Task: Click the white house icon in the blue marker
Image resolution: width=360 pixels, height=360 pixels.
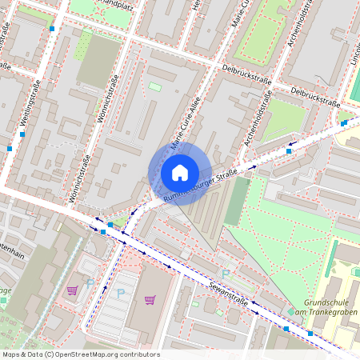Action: (180, 172)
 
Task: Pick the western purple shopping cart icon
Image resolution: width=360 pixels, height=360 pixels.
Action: (73, 290)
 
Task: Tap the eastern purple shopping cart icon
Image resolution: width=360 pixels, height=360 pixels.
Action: (150, 300)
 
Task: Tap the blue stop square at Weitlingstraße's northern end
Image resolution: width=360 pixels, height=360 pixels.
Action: (53, 29)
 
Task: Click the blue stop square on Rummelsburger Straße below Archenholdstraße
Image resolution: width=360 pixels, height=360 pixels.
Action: (289, 150)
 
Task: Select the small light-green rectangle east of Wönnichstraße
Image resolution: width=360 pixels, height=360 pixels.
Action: (154, 86)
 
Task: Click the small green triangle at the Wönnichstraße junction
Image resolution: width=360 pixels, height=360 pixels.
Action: (120, 221)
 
